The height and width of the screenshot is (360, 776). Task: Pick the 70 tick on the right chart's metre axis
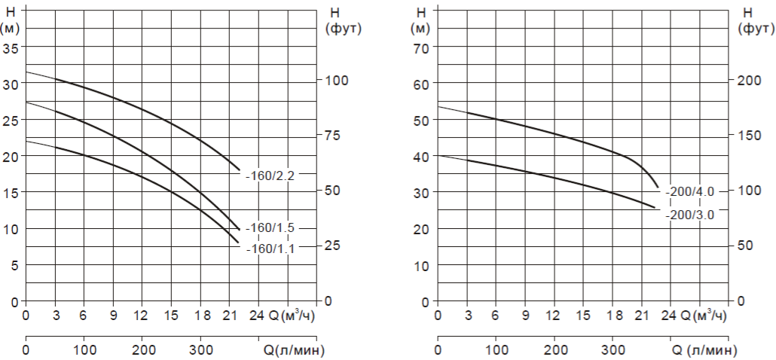pos(422,47)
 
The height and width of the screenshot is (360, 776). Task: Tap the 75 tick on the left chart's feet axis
pos(333,136)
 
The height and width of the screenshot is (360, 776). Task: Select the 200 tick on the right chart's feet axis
pos(746,81)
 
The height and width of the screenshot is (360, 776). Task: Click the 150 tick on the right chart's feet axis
pos(746,136)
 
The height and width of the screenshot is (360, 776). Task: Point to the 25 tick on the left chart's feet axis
pos(333,246)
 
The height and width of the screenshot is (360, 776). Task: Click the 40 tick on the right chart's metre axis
pos(422,157)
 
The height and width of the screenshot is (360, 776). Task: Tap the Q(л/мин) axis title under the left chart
pos(289,349)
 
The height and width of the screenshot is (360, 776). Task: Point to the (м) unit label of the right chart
pos(422,29)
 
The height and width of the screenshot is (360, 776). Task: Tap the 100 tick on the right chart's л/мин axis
pos(496,350)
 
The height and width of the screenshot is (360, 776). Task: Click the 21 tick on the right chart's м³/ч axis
pos(642,316)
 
